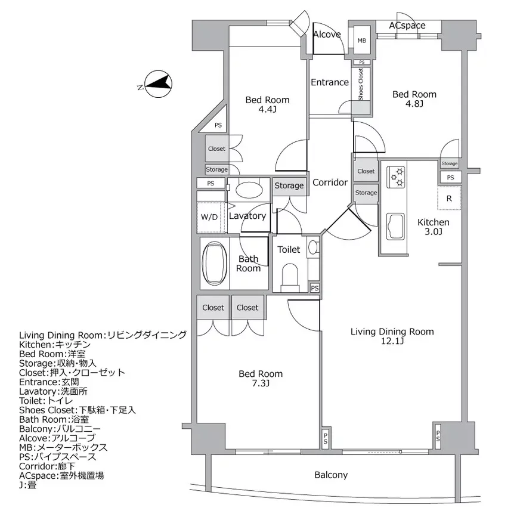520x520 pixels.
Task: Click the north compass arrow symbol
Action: [158, 84]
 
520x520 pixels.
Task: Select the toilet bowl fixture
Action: [290, 276]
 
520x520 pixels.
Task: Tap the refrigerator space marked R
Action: [449, 199]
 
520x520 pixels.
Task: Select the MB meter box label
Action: [362, 41]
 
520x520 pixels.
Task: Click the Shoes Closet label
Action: [361, 83]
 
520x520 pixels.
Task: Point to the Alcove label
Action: [327, 34]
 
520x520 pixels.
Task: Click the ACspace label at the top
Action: [407, 26]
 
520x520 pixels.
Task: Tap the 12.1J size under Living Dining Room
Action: [392, 341]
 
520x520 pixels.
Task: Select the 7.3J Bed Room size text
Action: [261, 383]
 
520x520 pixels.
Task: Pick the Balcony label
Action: [331, 475]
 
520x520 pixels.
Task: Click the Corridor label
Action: [330, 182]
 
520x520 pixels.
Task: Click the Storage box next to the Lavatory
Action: [289, 185]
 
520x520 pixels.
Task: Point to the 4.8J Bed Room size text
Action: [414, 104]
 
